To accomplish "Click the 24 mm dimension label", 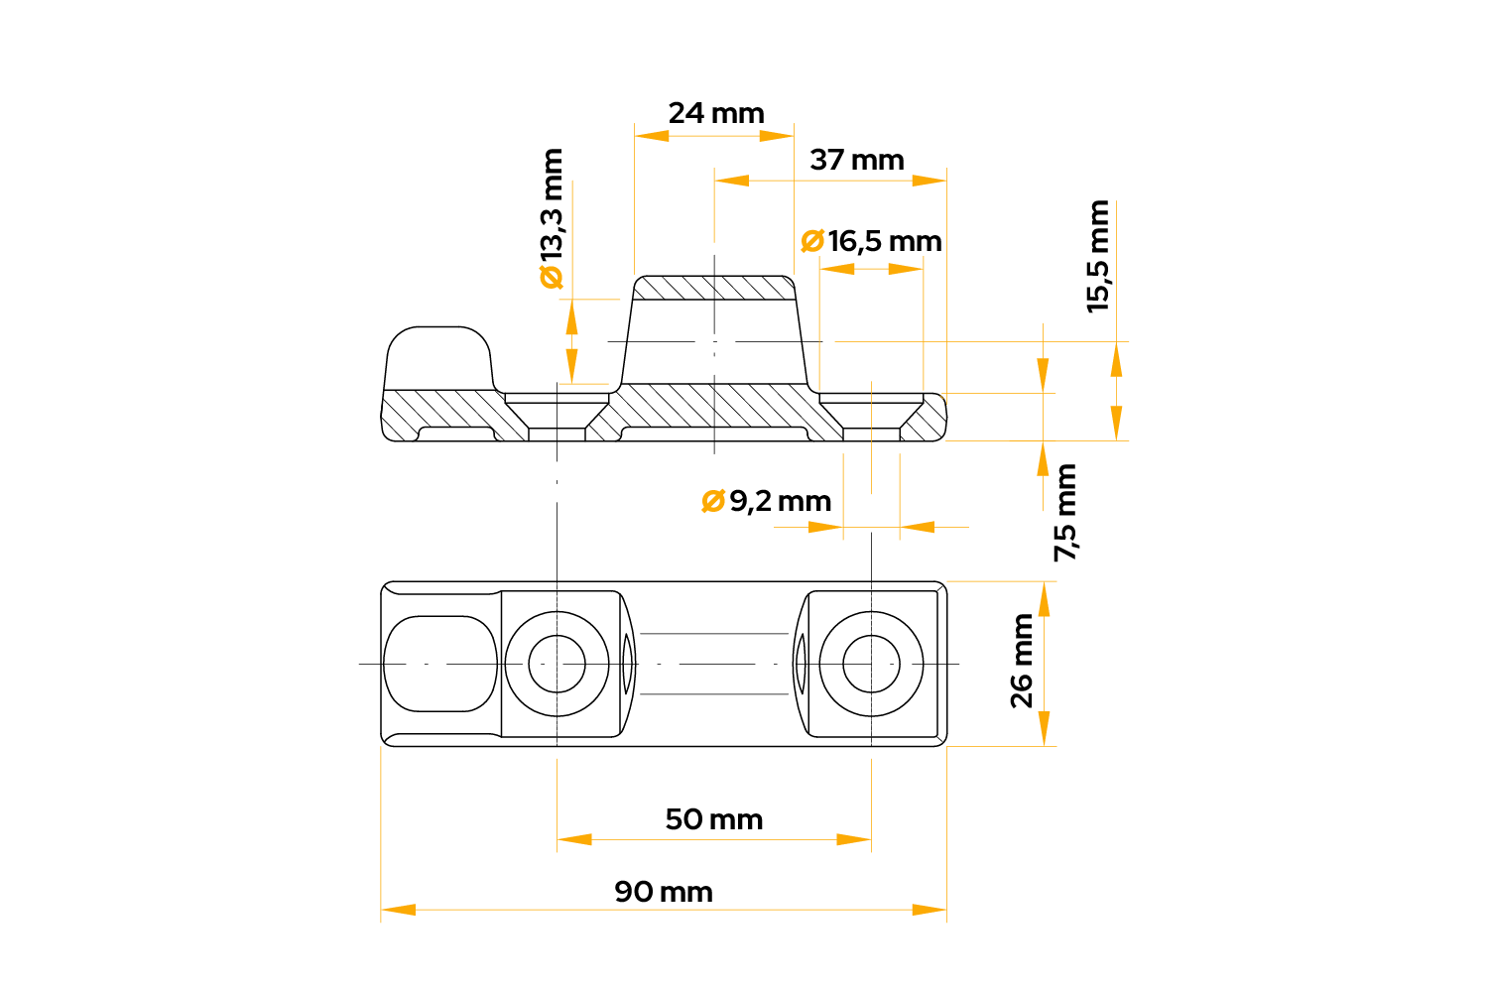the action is [716, 114].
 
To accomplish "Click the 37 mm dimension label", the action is [857, 160].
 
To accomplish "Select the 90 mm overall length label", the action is [664, 893].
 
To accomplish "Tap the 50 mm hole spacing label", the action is [714, 820].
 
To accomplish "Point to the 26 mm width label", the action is [1022, 661].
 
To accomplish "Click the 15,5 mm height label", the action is [1097, 257].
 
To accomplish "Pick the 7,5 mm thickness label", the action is [1064, 512].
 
